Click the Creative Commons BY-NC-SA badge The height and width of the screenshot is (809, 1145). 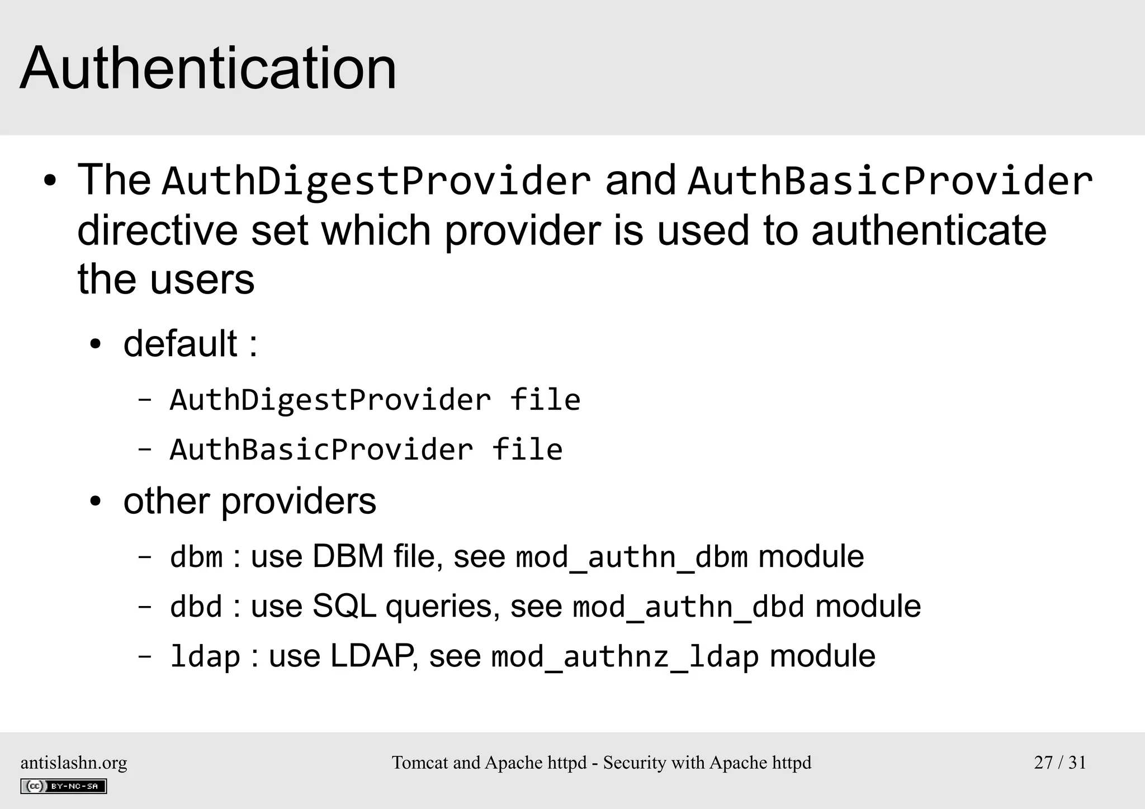coord(63,786)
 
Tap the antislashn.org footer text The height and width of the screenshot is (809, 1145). coord(74,763)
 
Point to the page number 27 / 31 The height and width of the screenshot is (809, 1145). coord(1060,763)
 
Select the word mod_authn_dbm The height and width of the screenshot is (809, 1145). coord(632,557)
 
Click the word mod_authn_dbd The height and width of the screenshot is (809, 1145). coord(689,607)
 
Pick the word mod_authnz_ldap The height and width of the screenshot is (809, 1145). coord(625,657)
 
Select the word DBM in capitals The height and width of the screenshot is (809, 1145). coord(348,557)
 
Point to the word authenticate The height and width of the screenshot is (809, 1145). coord(929,230)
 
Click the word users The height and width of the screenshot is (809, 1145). coord(202,280)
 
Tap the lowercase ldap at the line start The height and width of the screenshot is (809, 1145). coord(205,657)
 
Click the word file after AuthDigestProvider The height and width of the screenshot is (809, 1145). coord(545,400)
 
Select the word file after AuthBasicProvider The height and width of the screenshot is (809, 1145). coord(527,450)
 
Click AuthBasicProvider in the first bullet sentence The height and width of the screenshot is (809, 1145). coord(890,181)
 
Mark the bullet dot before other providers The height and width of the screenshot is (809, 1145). coord(96,502)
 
